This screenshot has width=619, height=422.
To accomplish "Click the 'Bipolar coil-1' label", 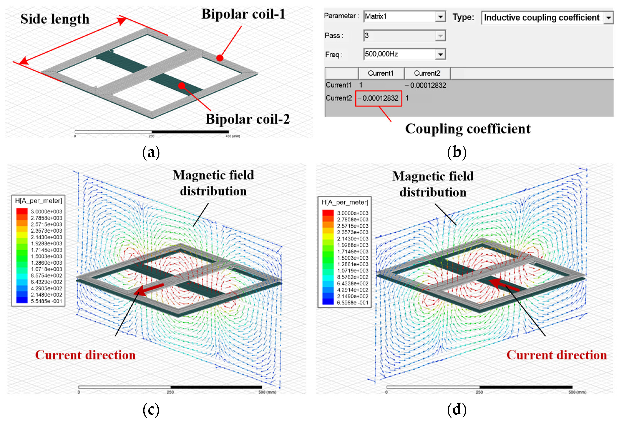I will pos(243,14).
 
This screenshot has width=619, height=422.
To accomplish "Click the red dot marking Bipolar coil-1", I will pos(220,58).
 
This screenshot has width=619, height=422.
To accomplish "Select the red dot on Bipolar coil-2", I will pos(182,86).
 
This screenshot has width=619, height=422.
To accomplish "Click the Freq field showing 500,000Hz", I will pos(404,54).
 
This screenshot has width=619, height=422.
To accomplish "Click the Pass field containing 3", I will pos(404,35).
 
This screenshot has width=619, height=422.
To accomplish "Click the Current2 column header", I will pos(427,73).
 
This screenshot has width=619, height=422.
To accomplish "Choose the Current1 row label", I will pos(338,85).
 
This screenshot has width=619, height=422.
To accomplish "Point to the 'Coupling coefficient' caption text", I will pos(468,129).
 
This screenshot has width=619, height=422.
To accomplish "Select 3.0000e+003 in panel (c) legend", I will pos(46,211).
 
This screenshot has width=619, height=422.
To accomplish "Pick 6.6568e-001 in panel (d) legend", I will pos(352,303).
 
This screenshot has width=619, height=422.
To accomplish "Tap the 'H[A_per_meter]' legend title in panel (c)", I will pos(39,201).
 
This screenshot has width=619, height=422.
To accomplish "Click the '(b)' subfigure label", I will pos(456,152).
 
